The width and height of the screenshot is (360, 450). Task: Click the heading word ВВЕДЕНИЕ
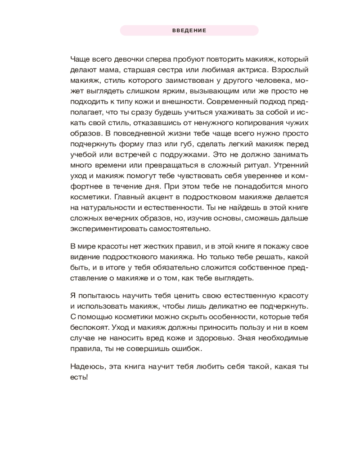point(189,31)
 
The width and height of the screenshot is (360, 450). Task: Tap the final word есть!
point(79,377)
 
